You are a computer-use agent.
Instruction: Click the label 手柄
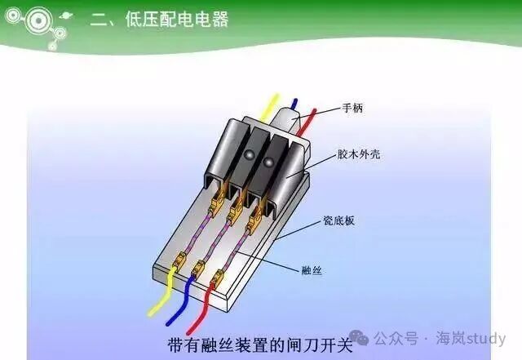tap(352, 109)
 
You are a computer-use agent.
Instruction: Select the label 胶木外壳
tap(359, 154)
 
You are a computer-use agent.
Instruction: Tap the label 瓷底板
tap(339, 220)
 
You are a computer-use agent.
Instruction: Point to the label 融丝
tap(312, 270)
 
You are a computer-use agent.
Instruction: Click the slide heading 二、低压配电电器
tap(159, 19)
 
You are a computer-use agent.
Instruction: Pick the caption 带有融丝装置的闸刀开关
tap(260, 345)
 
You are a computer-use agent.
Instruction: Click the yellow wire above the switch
tap(270, 107)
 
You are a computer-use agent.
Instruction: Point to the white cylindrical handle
tap(285, 120)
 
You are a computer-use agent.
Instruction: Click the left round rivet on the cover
tap(250, 154)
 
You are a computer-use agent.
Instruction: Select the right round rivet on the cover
tap(268, 162)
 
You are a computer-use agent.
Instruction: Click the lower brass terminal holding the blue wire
tap(198, 267)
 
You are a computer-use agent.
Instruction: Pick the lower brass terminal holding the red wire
tap(218, 277)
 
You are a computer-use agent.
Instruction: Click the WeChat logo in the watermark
tap(359, 338)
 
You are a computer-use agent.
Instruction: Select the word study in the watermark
tap(486, 338)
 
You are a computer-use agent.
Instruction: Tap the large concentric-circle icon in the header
tap(39, 20)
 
